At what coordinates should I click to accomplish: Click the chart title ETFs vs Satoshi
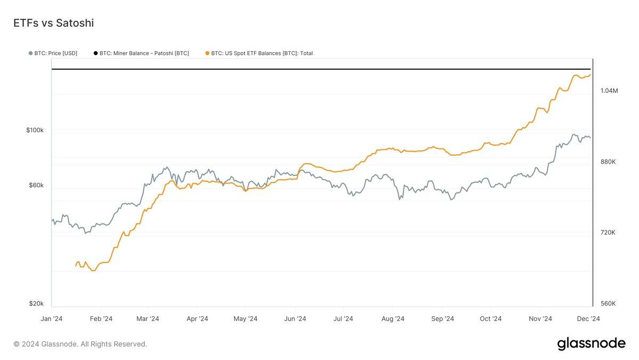(x=53, y=23)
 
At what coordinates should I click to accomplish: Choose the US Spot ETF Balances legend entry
(x=262, y=53)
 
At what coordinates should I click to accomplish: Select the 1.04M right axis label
(x=609, y=91)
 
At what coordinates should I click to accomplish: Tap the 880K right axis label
(x=608, y=162)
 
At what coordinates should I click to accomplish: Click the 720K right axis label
(x=608, y=233)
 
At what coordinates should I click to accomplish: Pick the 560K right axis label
(x=608, y=303)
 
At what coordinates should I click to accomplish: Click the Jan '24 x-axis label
(x=52, y=319)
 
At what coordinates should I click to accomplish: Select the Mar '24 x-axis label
(x=148, y=319)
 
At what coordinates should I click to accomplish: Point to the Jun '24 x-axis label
(x=295, y=319)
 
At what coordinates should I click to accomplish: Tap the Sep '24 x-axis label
(x=442, y=319)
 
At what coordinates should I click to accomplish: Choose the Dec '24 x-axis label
(x=589, y=319)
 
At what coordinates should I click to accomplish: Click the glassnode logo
(x=591, y=344)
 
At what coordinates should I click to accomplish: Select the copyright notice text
(x=80, y=344)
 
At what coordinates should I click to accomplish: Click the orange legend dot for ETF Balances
(x=207, y=53)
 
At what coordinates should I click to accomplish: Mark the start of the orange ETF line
(x=76, y=265)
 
